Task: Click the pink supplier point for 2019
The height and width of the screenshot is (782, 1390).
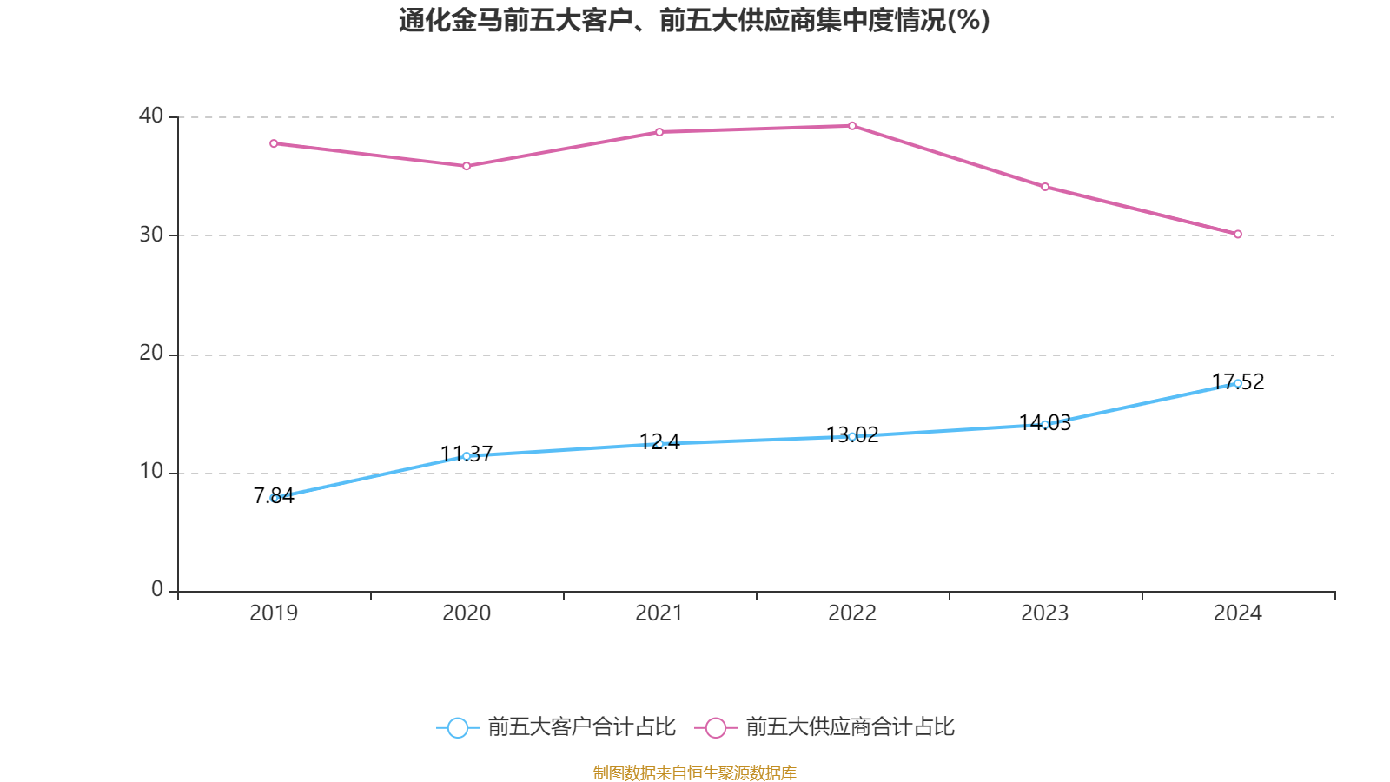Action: pyautogui.click(x=274, y=143)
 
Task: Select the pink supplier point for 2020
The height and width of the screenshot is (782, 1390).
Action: pyautogui.click(x=467, y=166)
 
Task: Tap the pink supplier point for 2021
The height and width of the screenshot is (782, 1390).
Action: pyautogui.click(x=659, y=132)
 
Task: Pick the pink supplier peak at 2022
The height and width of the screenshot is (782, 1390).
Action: pyautogui.click(x=852, y=126)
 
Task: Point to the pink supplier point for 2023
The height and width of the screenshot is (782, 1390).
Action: pyautogui.click(x=1045, y=187)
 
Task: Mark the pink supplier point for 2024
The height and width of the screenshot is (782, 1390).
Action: pyautogui.click(x=1238, y=234)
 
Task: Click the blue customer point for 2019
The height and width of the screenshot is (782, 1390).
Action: pyautogui.click(x=274, y=498)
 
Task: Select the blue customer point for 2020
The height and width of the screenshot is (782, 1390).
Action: pyautogui.click(x=467, y=456)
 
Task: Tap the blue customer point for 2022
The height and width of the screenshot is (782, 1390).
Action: pyautogui.click(x=852, y=436)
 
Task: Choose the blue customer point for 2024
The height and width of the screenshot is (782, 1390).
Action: pyautogui.click(x=1238, y=383)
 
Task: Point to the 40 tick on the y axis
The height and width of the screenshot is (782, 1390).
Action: pyautogui.click(x=151, y=116)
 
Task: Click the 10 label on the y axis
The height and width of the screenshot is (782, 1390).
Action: pyautogui.click(x=151, y=472)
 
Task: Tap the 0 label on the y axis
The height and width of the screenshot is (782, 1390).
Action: pyautogui.click(x=157, y=590)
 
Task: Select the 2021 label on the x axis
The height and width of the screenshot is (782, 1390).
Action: pyautogui.click(x=659, y=613)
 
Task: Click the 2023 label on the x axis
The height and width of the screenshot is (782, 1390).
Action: pyautogui.click(x=1045, y=613)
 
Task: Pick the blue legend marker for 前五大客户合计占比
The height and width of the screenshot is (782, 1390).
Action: pyautogui.click(x=457, y=728)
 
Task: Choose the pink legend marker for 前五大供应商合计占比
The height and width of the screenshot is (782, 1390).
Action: pyautogui.click(x=715, y=728)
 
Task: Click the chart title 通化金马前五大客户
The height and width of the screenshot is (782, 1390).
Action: pyautogui.click(x=694, y=20)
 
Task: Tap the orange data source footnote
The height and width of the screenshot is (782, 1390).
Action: pyautogui.click(x=694, y=772)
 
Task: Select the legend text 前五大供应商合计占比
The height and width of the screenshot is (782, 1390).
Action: pyautogui.click(x=850, y=727)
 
